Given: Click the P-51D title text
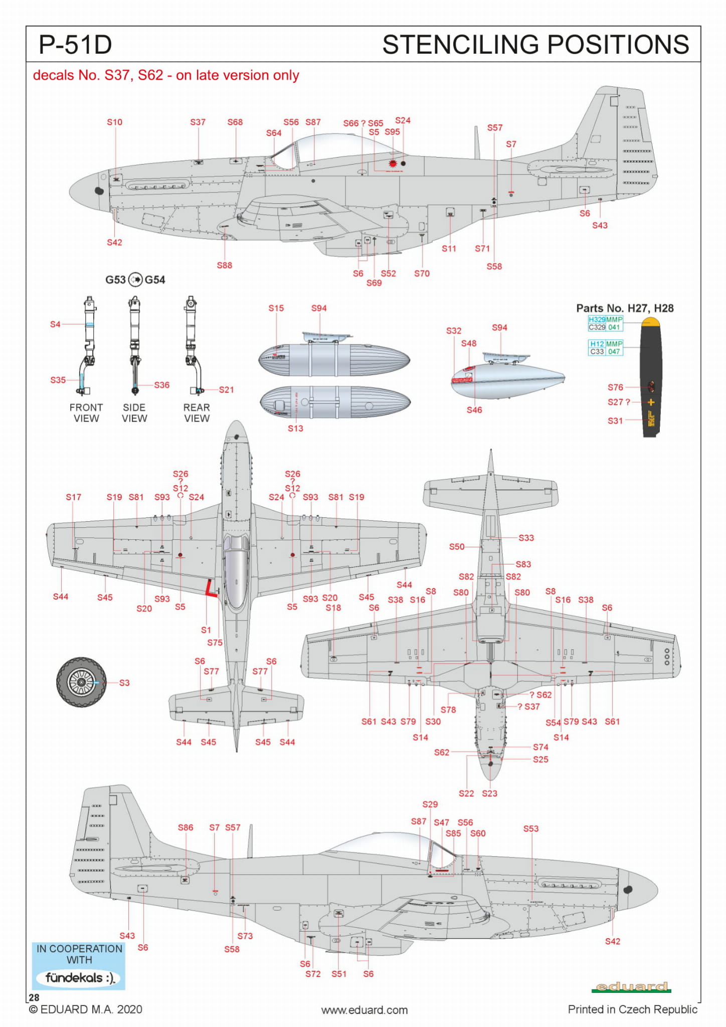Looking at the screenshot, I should pyautogui.click(x=75, y=45).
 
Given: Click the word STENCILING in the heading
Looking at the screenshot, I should pyautogui.click(x=463, y=45).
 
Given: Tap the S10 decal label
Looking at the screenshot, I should pyautogui.click(x=114, y=122).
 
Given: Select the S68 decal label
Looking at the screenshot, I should pyautogui.click(x=235, y=122).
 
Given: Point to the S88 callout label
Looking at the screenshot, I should pyautogui.click(x=224, y=265).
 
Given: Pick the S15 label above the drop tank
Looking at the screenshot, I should pyautogui.click(x=276, y=308).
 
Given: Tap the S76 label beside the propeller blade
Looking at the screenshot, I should pyautogui.click(x=615, y=387).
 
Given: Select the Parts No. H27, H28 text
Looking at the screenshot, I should pyautogui.click(x=625, y=308).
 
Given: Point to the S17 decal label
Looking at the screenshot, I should pyautogui.click(x=73, y=497).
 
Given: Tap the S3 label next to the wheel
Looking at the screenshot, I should pyautogui.click(x=124, y=683).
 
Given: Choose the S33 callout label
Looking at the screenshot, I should pyautogui.click(x=526, y=538).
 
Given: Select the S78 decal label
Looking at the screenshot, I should pyautogui.click(x=448, y=709).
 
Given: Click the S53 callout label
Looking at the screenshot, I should pyautogui.click(x=530, y=829).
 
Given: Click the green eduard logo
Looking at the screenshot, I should pyautogui.click(x=631, y=987).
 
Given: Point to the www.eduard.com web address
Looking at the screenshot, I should pyautogui.click(x=365, y=1010).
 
